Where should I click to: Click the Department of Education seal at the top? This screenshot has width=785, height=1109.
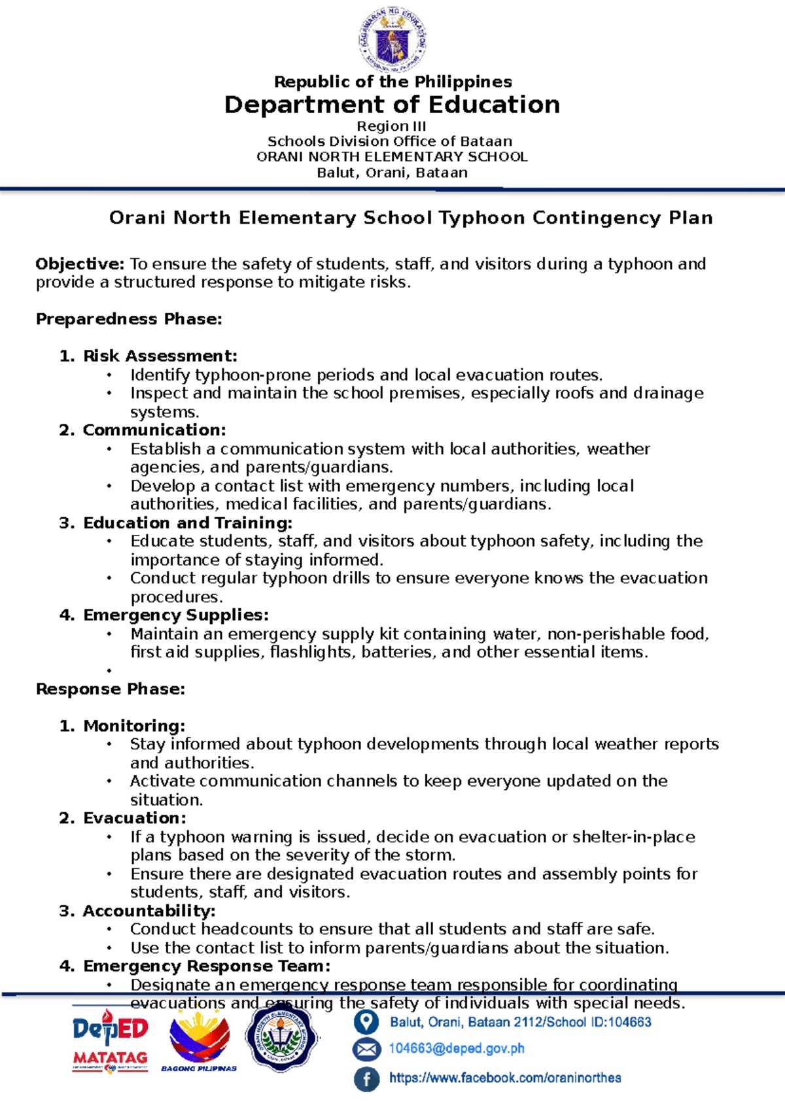(392, 38)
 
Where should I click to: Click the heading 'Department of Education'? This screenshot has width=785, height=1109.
(392, 105)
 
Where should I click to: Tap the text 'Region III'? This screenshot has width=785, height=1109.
(391, 126)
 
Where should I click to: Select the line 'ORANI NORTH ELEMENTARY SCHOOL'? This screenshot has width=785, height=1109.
(392, 157)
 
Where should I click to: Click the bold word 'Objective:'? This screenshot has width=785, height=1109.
(79, 264)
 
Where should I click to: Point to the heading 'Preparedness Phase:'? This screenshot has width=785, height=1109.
(129, 319)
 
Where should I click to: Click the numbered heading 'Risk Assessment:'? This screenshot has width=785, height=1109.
(160, 356)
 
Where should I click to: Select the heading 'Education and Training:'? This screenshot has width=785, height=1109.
(187, 523)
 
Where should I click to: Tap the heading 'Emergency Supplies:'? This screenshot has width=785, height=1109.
(175, 615)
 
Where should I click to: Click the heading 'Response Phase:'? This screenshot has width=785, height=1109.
(111, 689)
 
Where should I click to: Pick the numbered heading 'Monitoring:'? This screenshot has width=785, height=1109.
(134, 726)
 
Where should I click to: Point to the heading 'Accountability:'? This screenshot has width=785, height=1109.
(148, 911)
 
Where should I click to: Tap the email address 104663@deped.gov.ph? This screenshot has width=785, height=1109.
(457, 1049)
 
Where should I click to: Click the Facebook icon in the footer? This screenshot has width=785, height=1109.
(366, 1079)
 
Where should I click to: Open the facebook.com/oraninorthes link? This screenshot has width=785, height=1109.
(505, 1078)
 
